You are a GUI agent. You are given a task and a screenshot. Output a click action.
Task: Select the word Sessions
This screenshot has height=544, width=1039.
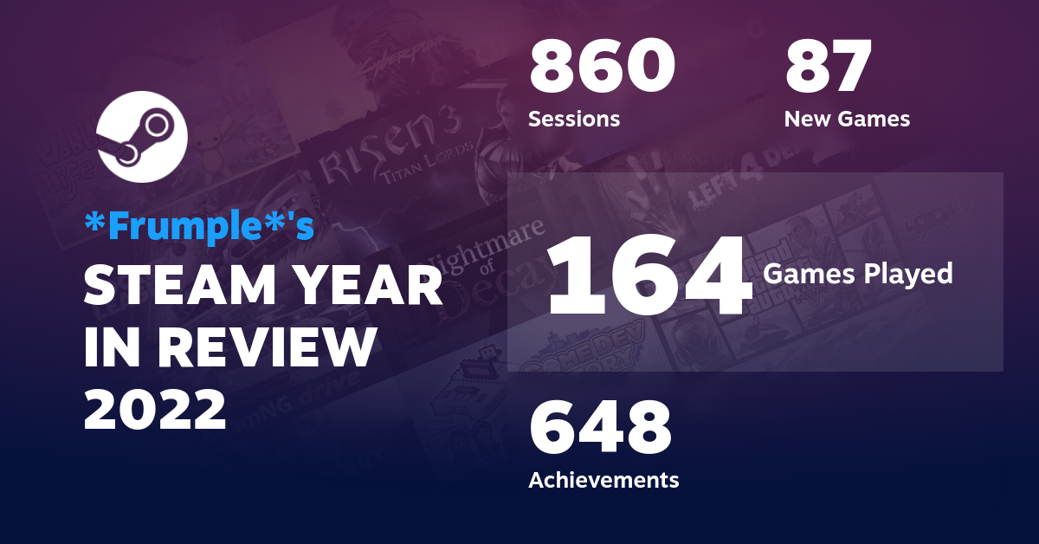[x=574, y=119]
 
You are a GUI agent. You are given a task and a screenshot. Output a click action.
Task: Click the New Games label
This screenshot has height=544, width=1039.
[x=847, y=119]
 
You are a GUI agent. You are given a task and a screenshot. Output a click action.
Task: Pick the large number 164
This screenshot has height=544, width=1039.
[x=649, y=275]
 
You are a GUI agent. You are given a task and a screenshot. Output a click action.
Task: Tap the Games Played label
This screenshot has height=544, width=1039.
[x=857, y=275]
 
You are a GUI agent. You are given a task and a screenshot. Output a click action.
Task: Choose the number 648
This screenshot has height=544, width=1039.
[x=601, y=429]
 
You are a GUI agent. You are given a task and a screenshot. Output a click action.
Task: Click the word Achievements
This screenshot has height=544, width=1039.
[x=603, y=479]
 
